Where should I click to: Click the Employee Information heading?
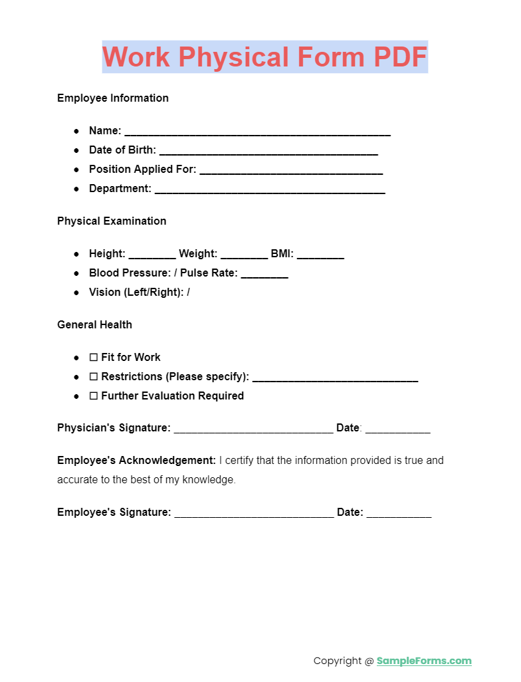click(113, 98)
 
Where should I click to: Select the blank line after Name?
click(257, 132)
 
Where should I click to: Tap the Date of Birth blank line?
click(268, 151)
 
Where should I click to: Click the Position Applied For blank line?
click(291, 170)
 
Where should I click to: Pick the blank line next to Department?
click(270, 189)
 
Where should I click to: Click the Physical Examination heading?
click(112, 221)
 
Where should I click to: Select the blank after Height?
click(152, 255)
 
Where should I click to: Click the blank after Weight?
click(244, 255)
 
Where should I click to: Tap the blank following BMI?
click(320, 255)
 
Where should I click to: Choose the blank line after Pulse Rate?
click(264, 274)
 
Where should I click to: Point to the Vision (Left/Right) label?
click(136, 292)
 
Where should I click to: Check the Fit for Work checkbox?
click(94, 358)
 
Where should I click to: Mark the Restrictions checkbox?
click(94, 377)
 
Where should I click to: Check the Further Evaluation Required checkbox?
click(94, 396)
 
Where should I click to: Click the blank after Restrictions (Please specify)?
click(335, 378)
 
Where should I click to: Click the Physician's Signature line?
click(253, 429)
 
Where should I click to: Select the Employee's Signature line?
click(254, 514)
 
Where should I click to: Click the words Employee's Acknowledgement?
click(136, 460)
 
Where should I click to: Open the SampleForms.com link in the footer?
click(424, 661)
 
